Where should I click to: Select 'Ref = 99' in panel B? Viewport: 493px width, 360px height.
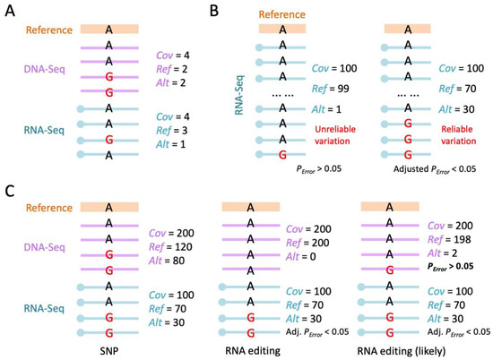click(x=331, y=88)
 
